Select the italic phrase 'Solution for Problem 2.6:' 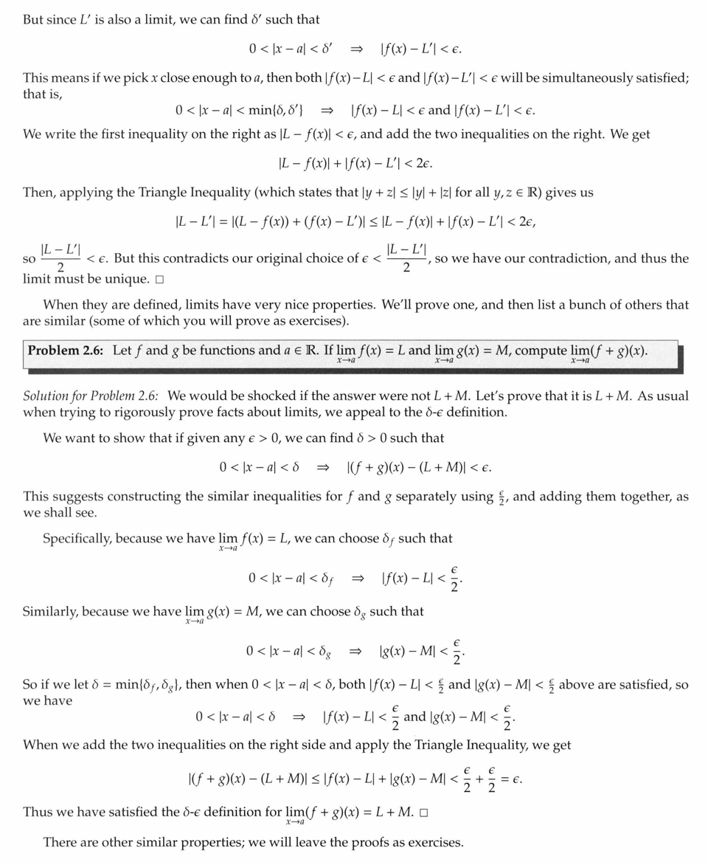point(92,396)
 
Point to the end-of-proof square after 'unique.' point(159,280)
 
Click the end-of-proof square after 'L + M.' point(424,813)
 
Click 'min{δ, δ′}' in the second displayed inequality point(269,111)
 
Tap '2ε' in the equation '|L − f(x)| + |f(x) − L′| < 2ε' point(434,163)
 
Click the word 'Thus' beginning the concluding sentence point(37,813)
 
